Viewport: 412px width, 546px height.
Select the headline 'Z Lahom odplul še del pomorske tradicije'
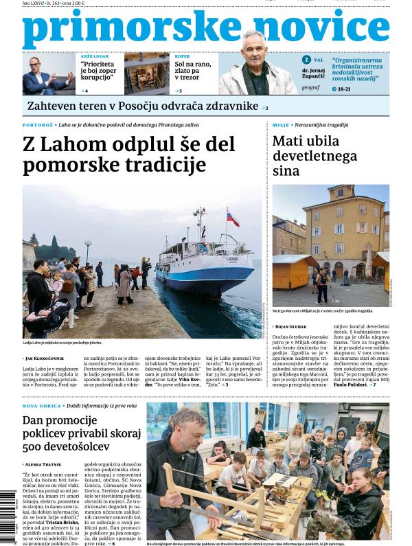tap(129, 155)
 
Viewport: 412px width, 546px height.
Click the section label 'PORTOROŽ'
tap(38, 125)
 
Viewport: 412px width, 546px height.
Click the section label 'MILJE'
tap(281, 125)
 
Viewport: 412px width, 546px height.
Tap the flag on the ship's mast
tap(233, 219)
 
